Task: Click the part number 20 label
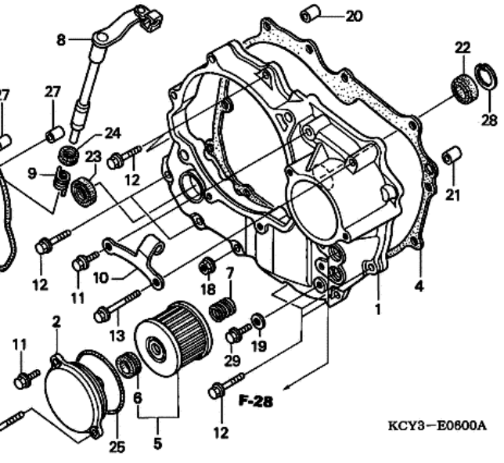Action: [x=354, y=16]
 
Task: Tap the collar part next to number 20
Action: [x=310, y=13]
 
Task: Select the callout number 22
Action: [x=463, y=48]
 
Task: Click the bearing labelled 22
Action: [x=464, y=89]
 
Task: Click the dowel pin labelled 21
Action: [x=452, y=155]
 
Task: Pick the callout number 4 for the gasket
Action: [x=419, y=286]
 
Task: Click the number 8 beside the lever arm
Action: [x=61, y=40]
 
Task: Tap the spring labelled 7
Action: [x=222, y=309]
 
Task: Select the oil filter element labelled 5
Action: [x=173, y=338]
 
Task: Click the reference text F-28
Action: [x=256, y=401]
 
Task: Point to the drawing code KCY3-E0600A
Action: [x=437, y=425]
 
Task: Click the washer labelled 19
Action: [x=258, y=320]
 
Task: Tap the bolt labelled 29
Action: [x=238, y=333]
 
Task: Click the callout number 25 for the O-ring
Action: [x=117, y=447]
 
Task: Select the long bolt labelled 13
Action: [x=117, y=306]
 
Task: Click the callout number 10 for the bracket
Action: [x=101, y=278]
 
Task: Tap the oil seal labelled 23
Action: [x=84, y=192]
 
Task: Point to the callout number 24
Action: [x=113, y=133]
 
